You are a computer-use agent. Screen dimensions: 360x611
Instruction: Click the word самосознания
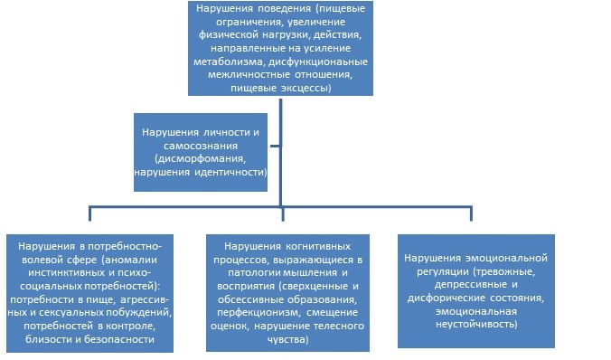coord(200,145)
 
